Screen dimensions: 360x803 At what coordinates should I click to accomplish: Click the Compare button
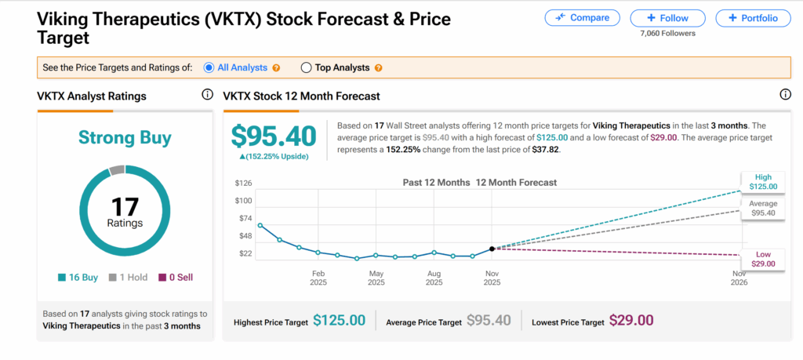click(582, 17)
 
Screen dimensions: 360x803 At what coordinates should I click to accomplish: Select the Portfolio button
click(753, 17)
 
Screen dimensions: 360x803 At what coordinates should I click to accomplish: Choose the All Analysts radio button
click(209, 67)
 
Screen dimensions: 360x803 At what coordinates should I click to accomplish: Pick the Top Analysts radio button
click(306, 67)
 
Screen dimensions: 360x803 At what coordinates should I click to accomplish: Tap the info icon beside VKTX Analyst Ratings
click(207, 95)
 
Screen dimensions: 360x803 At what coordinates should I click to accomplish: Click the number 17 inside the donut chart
click(125, 207)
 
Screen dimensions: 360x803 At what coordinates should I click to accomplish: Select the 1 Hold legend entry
click(125, 277)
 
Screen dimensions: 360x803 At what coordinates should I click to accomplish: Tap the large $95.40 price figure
click(274, 136)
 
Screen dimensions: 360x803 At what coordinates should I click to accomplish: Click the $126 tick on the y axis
click(243, 184)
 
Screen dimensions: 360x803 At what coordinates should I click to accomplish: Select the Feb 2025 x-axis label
click(318, 278)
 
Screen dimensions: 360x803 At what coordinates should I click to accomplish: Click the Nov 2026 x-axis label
click(739, 278)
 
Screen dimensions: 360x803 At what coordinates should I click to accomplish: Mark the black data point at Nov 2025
click(492, 249)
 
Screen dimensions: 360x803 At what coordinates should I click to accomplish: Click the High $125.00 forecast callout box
click(763, 182)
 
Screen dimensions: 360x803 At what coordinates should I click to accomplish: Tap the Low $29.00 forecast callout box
click(763, 259)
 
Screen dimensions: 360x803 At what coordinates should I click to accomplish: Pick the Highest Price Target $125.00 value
click(339, 320)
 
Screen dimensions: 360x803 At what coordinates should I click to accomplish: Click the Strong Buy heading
click(125, 139)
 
